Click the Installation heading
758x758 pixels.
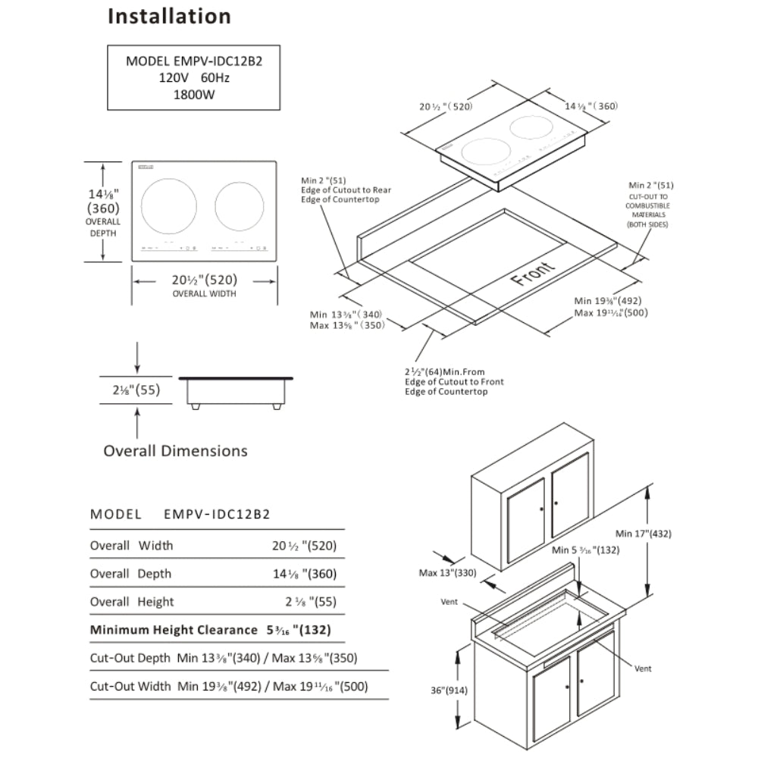coord(169,16)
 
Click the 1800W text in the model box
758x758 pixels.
coord(194,96)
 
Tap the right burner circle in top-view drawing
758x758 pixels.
coord(240,206)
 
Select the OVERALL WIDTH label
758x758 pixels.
coord(204,293)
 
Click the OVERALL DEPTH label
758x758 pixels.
coord(102,227)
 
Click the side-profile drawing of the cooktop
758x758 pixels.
coord(236,390)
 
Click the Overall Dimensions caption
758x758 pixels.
coord(175,451)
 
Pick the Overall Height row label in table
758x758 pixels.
coord(132,602)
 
